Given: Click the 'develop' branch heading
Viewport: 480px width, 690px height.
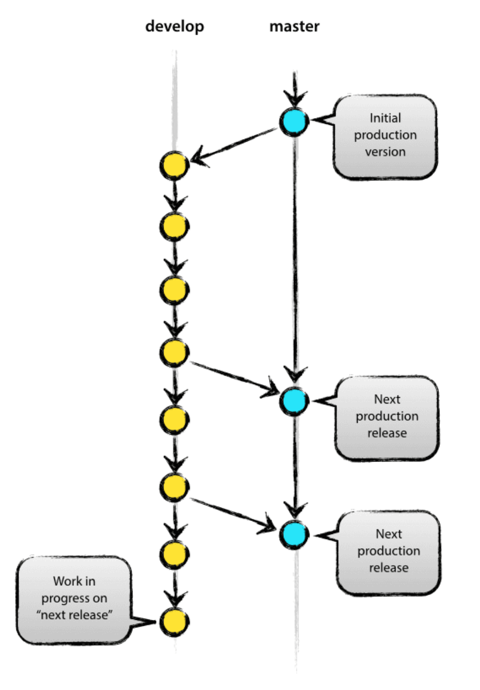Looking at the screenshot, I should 175,26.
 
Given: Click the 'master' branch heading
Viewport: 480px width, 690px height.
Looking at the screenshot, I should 294,26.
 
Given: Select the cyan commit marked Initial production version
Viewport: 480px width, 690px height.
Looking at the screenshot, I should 294,122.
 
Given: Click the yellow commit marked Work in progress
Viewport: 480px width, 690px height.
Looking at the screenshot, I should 174,622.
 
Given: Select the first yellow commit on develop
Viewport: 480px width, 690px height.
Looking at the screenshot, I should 174,165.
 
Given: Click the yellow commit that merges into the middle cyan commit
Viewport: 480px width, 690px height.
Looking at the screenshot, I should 174,352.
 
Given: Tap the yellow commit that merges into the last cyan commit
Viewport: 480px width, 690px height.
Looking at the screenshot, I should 174,487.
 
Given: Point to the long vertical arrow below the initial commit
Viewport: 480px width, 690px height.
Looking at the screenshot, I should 294,253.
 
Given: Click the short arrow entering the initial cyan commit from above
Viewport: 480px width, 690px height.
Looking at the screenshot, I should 294,90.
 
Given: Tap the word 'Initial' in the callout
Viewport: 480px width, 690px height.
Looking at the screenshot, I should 386,117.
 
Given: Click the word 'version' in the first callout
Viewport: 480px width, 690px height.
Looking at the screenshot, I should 386,152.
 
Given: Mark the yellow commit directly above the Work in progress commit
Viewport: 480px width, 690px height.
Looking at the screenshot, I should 174,553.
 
